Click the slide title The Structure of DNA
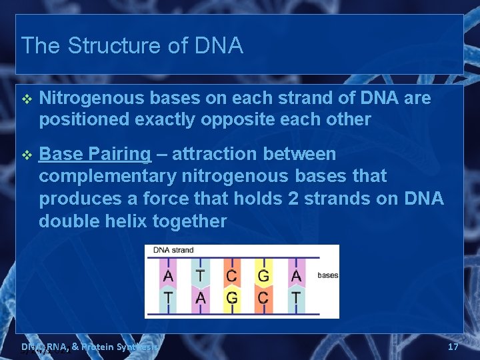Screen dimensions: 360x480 tap(132, 46)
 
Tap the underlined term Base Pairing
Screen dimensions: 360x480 tap(95, 154)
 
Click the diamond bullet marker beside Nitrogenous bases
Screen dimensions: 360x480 tap(27, 99)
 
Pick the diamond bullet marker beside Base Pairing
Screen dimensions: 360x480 tap(27, 155)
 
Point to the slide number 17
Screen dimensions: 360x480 tap(453, 347)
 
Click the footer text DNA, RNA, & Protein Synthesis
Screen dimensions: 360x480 tap(90, 347)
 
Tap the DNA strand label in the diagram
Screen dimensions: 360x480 tap(173, 251)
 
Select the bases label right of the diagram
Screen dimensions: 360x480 tap(327, 275)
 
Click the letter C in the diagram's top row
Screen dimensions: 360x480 tap(231, 275)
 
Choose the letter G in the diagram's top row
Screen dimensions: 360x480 tap(263, 275)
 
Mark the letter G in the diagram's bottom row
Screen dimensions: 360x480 tap(231, 297)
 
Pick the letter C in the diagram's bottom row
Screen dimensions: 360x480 tap(263, 297)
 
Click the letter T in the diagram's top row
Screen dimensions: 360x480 tap(200, 275)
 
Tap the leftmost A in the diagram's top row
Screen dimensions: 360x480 tap(168, 275)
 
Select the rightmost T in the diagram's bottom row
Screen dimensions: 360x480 tap(295, 297)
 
